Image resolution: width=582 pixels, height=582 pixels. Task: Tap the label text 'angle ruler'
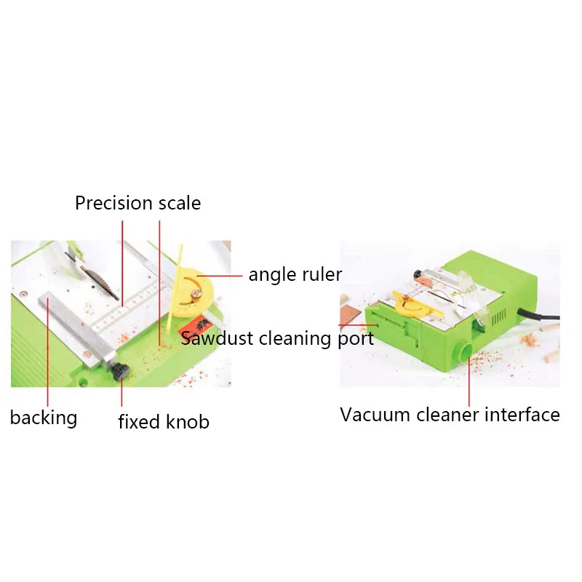pos(295,274)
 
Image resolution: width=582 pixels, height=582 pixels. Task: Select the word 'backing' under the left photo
pos(43,418)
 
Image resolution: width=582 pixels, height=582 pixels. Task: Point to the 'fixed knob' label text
pos(164,421)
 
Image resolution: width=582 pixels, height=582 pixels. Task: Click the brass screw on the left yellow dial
pos(195,295)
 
